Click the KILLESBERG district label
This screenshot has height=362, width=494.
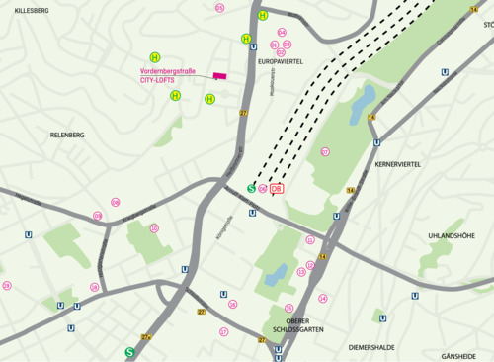coord(32,9)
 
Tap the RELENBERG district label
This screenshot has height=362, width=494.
coord(67,134)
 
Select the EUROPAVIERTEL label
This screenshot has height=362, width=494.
coord(286,61)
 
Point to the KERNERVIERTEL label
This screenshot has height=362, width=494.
coord(398,165)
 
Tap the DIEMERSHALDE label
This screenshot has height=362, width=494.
coord(371,347)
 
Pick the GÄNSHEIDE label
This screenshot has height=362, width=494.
coord(458,355)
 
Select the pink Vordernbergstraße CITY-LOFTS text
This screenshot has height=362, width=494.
coord(169,75)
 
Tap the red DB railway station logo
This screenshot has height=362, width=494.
coord(277,188)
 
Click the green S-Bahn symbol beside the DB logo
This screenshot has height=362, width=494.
coord(251,188)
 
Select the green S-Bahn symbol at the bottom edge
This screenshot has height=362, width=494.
coord(129,351)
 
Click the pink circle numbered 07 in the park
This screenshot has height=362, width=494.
coord(325,152)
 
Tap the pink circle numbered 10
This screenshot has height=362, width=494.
coord(154,228)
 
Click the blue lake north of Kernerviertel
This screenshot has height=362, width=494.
coord(362,99)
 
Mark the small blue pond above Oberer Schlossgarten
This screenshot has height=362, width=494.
coord(276,274)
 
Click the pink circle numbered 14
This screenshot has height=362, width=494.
coord(322,298)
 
